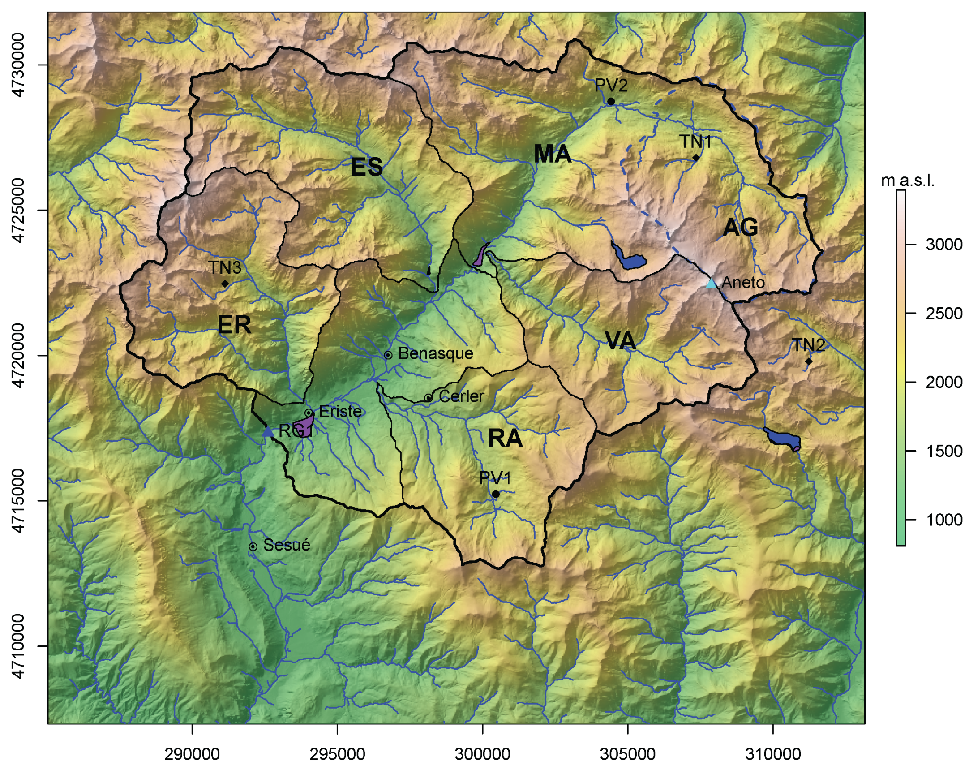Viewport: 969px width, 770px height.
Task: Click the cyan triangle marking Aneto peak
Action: (x=711, y=283)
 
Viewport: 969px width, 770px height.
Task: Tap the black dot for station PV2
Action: (x=611, y=102)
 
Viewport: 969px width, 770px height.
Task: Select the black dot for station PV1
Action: (x=496, y=494)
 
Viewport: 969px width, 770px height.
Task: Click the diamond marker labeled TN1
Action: (x=696, y=158)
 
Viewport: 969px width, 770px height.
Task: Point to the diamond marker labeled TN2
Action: (x=809, y=361)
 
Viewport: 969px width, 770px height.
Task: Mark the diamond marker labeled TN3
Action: (x=225, y=284)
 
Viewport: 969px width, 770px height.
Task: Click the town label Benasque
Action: (x=435, y=354)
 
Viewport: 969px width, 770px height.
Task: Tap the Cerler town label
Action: (x=461, y=396)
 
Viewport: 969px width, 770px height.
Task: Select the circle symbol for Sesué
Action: (x=253, y=546)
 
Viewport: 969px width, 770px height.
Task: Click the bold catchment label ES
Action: (x=367, y=167)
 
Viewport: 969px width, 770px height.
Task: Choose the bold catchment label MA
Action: (x=553, y=154)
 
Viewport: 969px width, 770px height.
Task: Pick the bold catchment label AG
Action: (x=741, y=227)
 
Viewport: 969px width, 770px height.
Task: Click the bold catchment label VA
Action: (x=620, y=340)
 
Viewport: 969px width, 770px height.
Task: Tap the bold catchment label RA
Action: (x=505, y=438)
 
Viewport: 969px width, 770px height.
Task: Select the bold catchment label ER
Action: (x=234, y=325)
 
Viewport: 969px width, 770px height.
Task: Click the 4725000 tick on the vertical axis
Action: (x=18, y=210)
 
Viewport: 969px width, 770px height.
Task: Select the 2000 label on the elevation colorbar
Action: (x=943, y=383)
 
